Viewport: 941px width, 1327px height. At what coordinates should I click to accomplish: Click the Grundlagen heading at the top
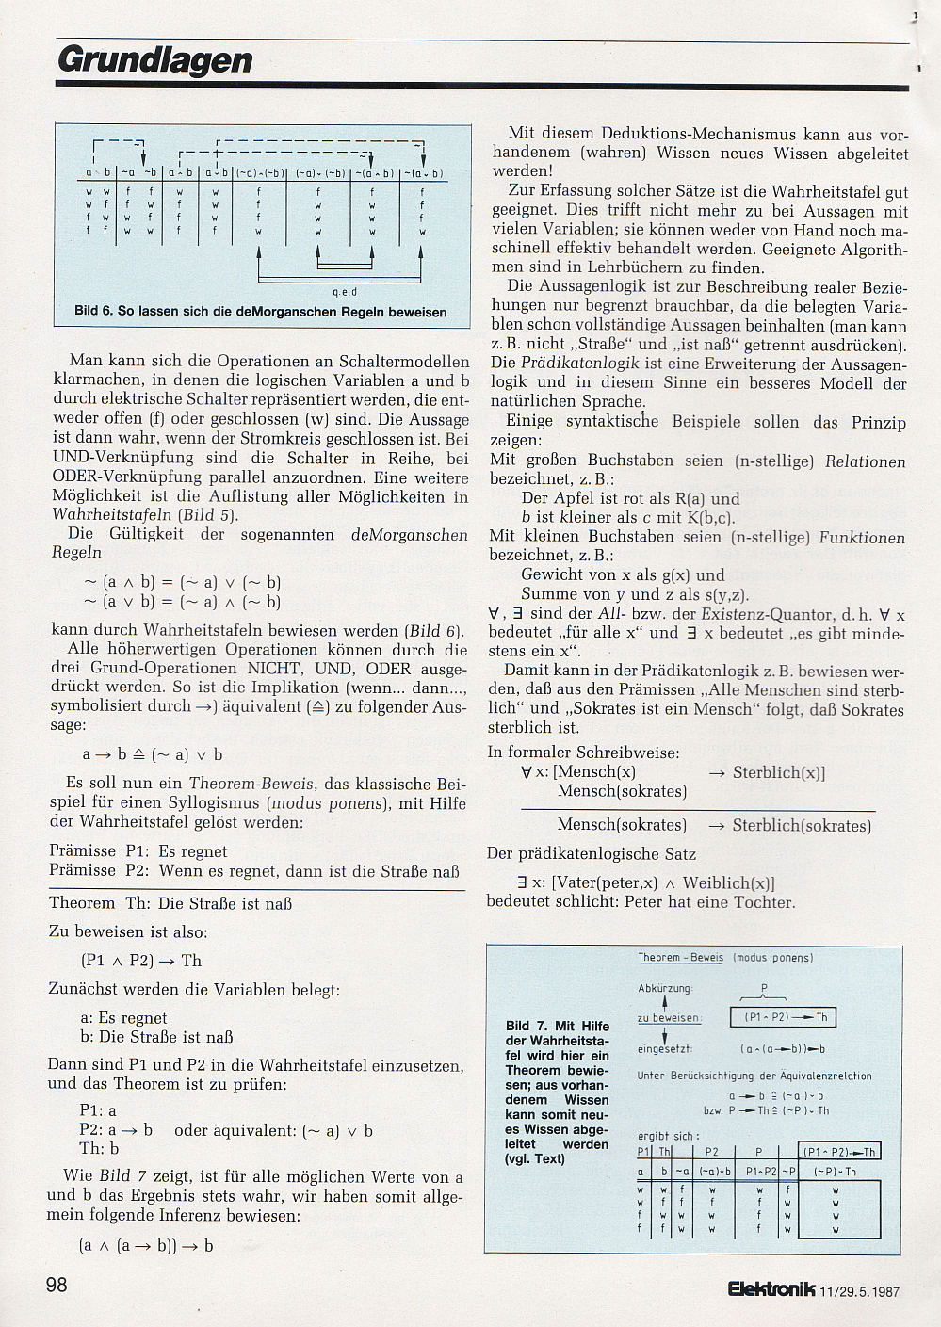click(x=155, y=60)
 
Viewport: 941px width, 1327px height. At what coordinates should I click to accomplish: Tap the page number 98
click(x=57, y=1285)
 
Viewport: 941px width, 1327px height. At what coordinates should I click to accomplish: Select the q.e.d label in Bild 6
click(x=346, y=291)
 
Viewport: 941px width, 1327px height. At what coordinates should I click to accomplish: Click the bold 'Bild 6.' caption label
click(x=94, y=311)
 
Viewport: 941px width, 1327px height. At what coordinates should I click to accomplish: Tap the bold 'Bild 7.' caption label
click(x=530, y=1026)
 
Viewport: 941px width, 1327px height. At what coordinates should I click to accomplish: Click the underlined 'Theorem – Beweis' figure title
click(x=680, y=957)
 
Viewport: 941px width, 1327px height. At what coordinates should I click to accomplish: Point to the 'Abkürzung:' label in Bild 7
click(x=664, y=989)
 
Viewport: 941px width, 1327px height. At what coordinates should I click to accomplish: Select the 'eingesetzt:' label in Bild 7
click(x=666, y=1048)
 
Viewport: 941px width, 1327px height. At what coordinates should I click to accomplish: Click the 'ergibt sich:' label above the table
click(x=668, y=1136)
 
